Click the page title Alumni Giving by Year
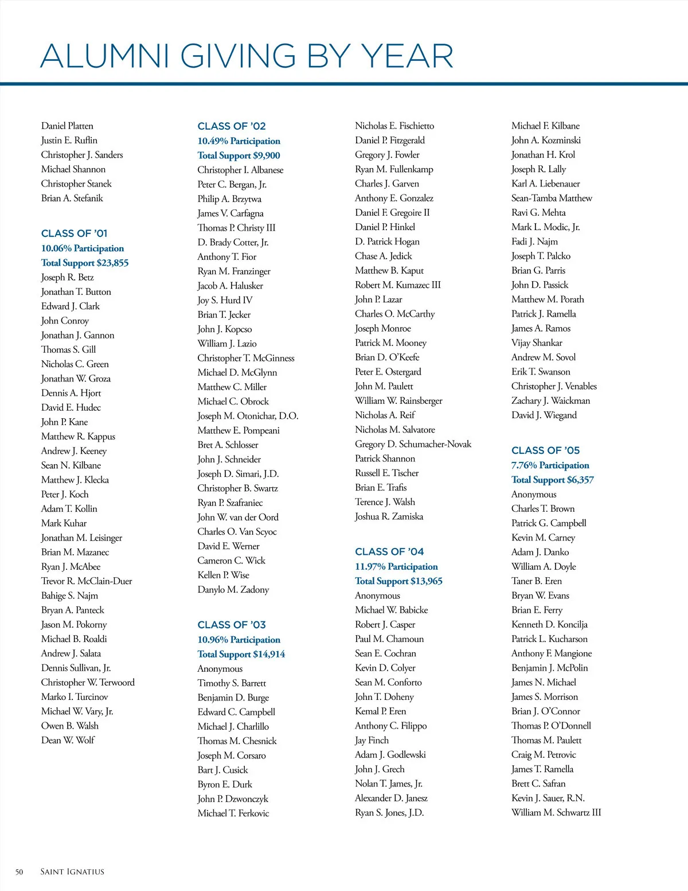click(x=247, y=56)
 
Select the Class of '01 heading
click(x=75, y=234)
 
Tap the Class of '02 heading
click(x=232, y=126)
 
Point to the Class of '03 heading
click(x=232, y=625)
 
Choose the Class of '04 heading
click(x=389, y=552)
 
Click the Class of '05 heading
click(x=545, y=450)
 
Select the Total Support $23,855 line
click(x=85, y=263)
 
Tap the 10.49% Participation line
click(x=239, y=141)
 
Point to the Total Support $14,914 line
click(x=241, y=654)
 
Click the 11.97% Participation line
click(x=396, y=567)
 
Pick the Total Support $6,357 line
click(x=553, y=480)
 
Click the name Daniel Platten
click(x=67, y=126)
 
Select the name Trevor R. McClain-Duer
click(x=87, y=581)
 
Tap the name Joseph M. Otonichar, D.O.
click(x=248, y=416)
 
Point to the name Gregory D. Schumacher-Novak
click(x=413, y=444)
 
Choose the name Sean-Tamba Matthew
click(x=552, y=198)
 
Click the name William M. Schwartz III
click(x=556, y=812)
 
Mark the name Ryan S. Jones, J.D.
click(x=389, y=812)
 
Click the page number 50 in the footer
click(x=19, y=872)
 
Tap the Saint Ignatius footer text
click(x=72, y=872)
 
